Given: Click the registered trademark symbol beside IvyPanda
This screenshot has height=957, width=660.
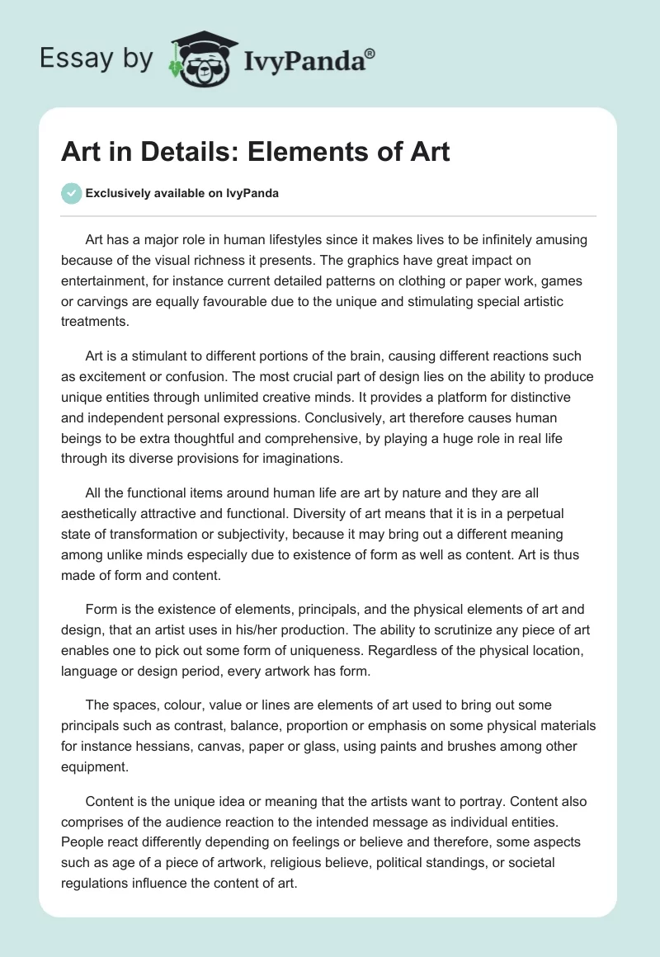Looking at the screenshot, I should pos(370,54).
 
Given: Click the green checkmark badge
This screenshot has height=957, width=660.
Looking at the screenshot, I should pos(71,193).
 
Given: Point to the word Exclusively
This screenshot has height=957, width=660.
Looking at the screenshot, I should pos(117,194).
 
